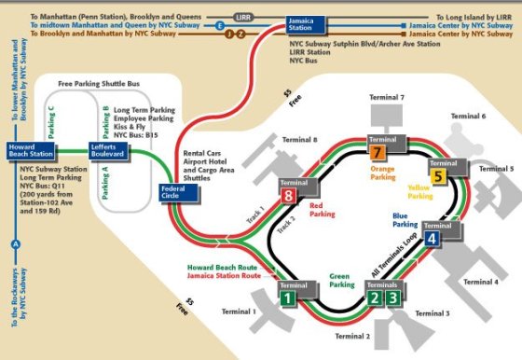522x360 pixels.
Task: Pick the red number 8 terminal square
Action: (x=289, y=197)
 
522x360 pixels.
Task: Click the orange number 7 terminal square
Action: (x=377, y=153)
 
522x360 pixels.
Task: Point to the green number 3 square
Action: (x=394, y=298)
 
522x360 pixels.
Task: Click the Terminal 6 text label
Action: (x=468, y=116)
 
